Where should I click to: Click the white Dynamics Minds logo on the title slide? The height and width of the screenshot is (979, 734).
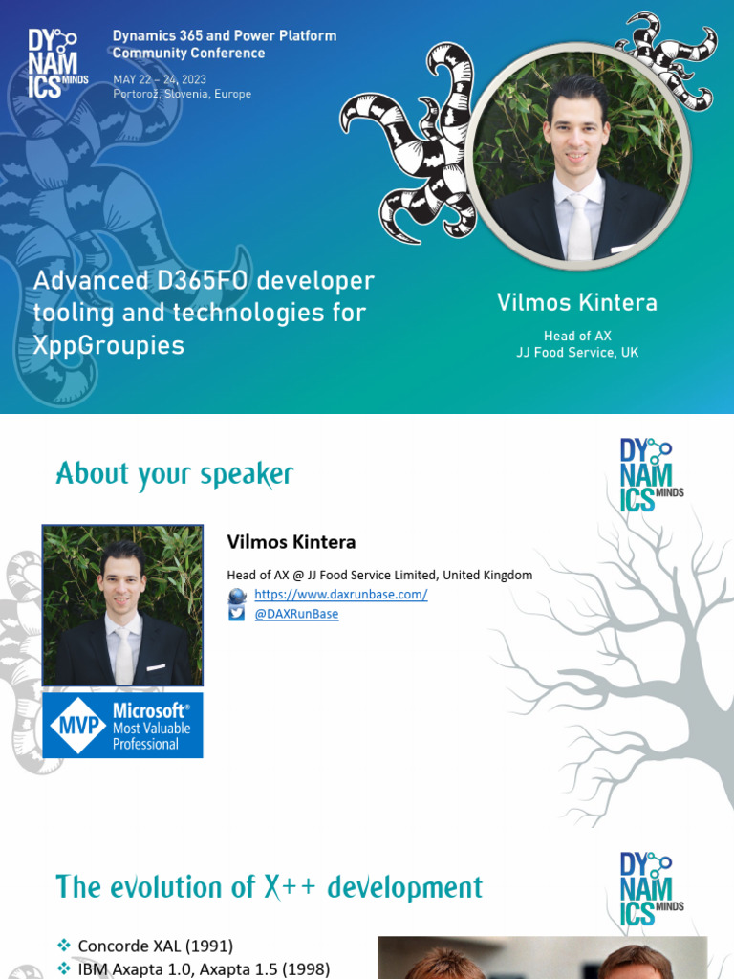pos(57,64)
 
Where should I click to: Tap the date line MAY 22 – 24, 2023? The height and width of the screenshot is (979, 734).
pos(160,79)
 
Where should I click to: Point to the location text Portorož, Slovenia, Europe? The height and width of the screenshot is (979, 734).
pos(183,94)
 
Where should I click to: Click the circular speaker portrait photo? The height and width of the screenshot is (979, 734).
pos(582,156)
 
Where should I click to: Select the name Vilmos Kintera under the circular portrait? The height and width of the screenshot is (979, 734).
pos(577,302)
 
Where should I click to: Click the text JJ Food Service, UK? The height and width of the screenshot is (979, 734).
pos(577,352)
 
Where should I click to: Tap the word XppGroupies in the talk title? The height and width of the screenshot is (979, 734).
pos(109,345)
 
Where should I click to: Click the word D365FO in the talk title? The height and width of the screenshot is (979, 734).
pos(203,280)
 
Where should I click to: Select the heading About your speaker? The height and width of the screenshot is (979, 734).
pos(175,474)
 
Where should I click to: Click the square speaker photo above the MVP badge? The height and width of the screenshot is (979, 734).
pos(123,605)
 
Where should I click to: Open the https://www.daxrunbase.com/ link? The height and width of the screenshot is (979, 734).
pos(341,595)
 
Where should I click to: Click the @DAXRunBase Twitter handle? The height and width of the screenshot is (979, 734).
pos(296,614)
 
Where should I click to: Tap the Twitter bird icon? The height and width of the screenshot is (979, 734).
pos(237,613)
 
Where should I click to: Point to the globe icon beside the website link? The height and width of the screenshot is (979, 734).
pos(237,596)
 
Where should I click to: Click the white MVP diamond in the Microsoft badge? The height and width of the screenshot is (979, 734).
pos(78,725)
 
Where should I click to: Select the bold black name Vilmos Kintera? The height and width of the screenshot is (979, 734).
pos(291,542)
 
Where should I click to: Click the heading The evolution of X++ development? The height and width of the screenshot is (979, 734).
pos(270,887)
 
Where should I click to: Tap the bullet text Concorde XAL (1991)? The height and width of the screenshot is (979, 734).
pos(156,946)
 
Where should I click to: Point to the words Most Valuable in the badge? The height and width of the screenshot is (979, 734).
pos(152,728)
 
